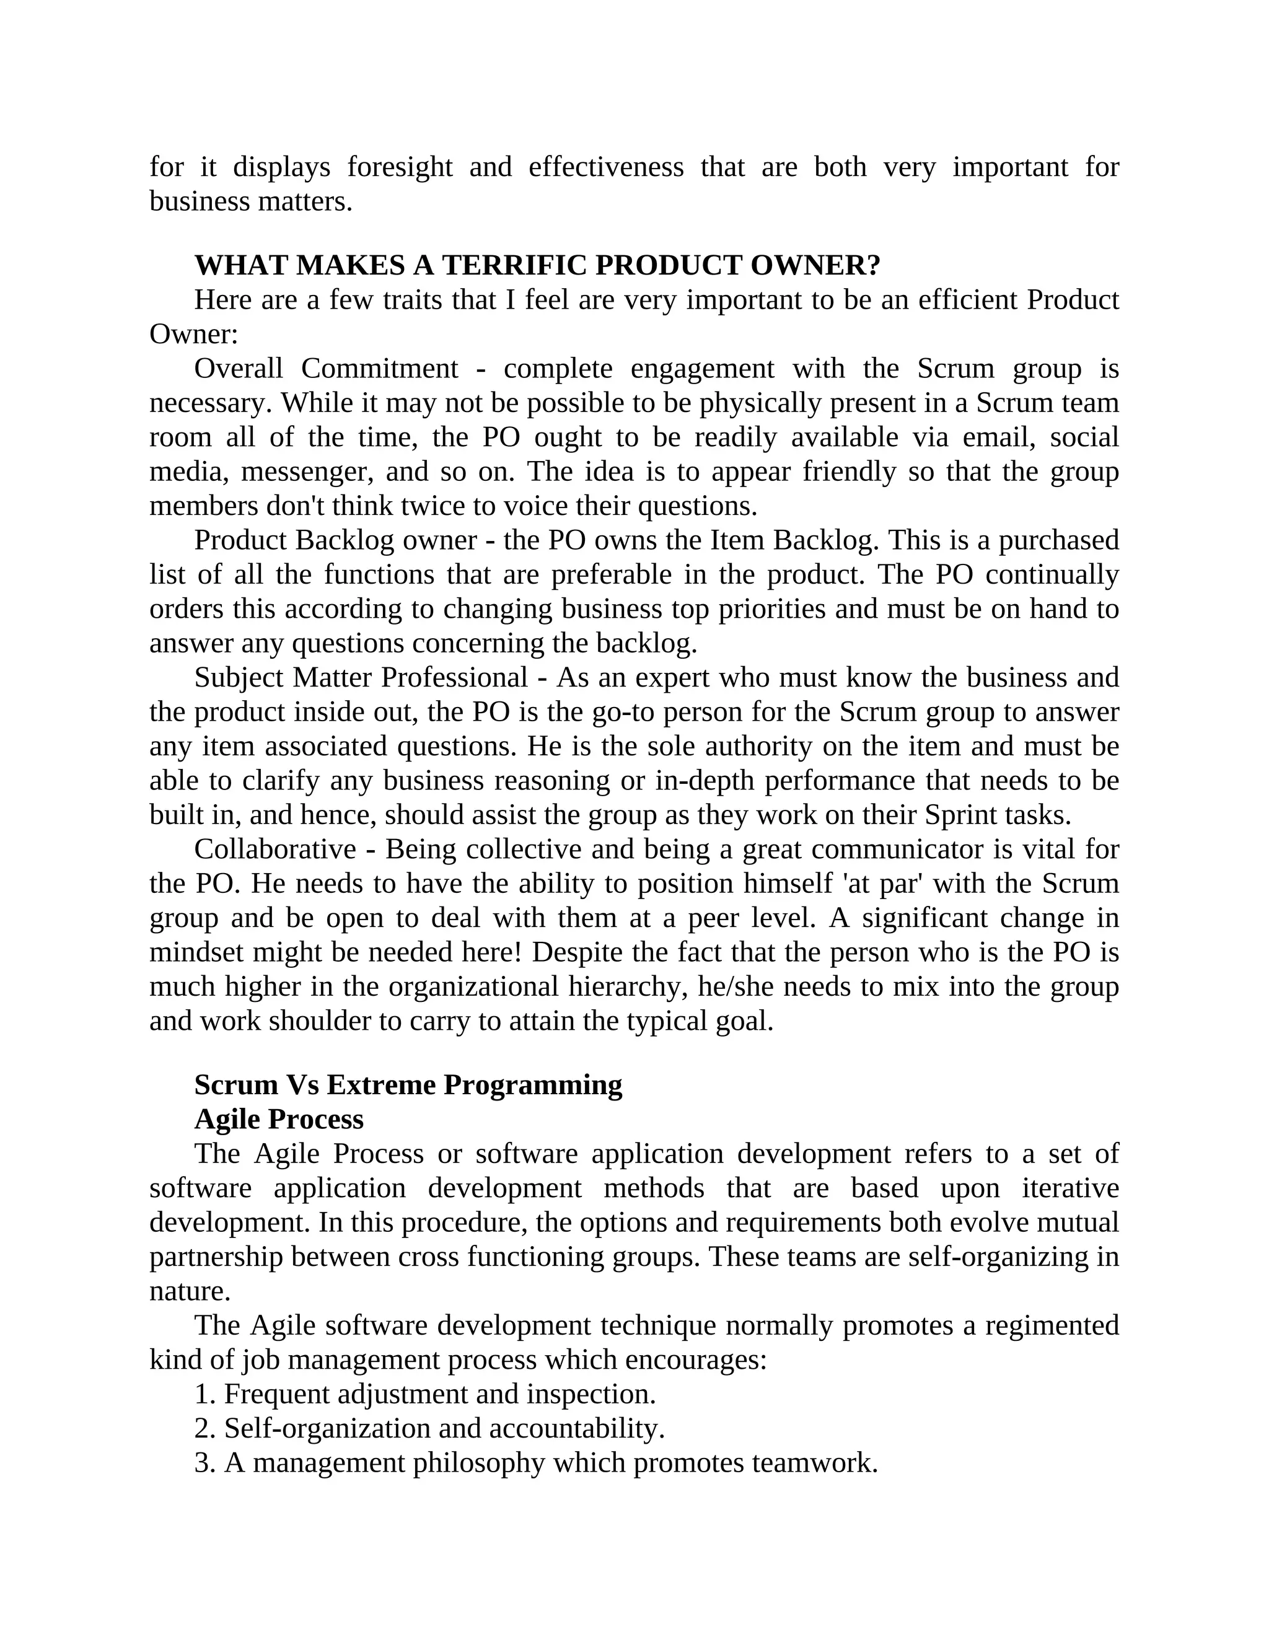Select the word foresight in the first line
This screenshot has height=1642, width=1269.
[x=399, y=166]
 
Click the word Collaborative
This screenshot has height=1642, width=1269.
[x=274, y=849]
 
